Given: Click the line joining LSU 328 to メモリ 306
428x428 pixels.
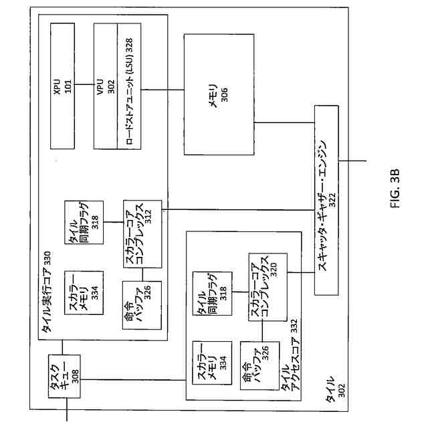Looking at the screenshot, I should point(161,90).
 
